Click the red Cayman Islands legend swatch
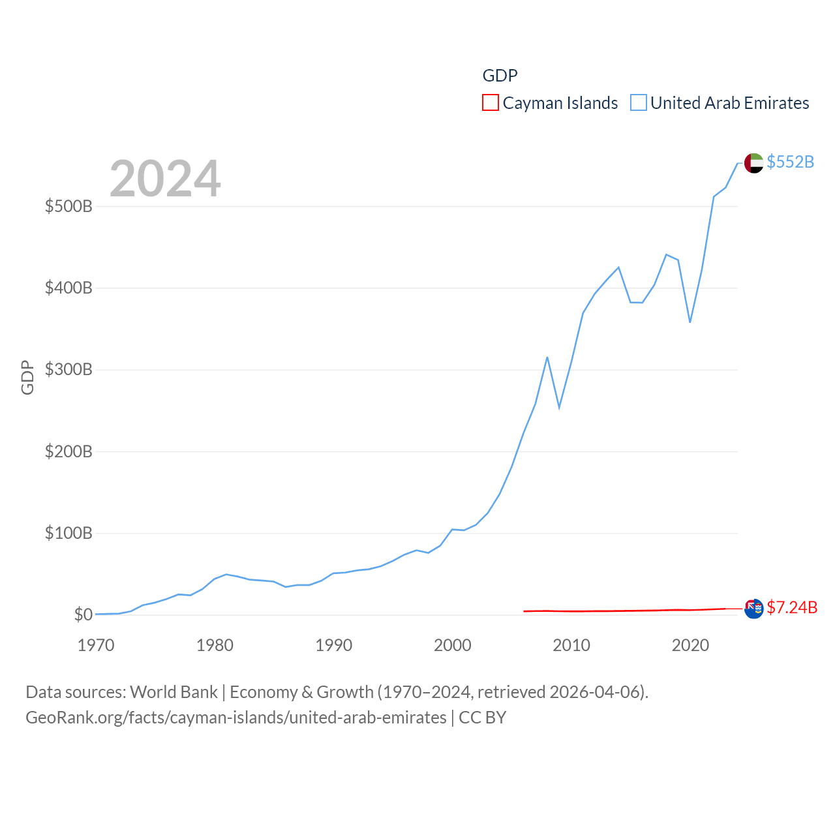pos(491,103)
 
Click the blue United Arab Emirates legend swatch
pos(639,103)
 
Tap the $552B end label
pos(790,162)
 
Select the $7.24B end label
pos(792,607)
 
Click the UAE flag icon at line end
pos(753,163)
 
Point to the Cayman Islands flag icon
pos(753,609)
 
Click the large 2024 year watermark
pos(165,179)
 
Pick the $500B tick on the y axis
pos(68,207)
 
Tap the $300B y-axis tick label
pos(68,370)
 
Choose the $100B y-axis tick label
pos(68,534)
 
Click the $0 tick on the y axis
pos(83,615)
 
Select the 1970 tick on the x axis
pos(96,645)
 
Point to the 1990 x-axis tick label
pos(333,645)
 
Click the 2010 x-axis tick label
pos(571,645)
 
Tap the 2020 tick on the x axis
pos(690,645)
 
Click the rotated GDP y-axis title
pos(27,377)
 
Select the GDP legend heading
pos(500,76)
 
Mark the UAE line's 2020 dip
pos(690,322)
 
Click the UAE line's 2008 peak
pos(547,357)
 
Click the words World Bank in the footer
pos(174,691)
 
